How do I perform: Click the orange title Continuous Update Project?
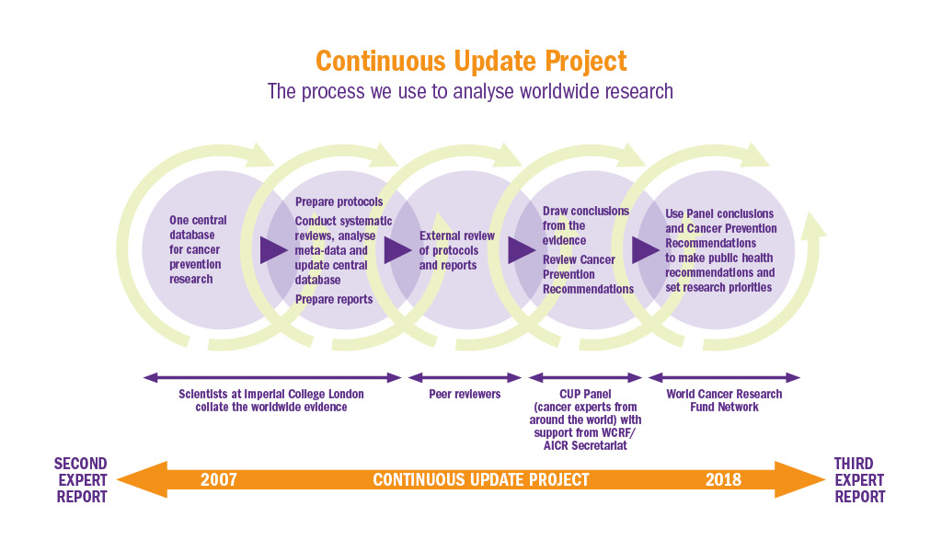pos(471,62)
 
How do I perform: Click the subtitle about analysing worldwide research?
pos(470,91)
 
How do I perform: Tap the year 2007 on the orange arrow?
pos(219,480)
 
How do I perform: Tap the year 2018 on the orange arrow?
pos(723,480)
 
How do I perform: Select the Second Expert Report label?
pos(81,480)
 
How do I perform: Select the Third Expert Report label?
pos(860,480)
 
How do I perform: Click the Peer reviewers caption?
pos(465,394)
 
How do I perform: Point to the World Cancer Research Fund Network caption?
pos(724,400)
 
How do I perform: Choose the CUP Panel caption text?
pos(585,420)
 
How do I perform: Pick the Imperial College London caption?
pos(271,400)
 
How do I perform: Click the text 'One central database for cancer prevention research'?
pos(198,249)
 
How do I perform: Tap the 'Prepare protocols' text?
pos(339,201)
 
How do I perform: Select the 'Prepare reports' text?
pos(333,299)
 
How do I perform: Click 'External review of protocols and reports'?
pos(456,250)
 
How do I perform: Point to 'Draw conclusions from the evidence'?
pos(586,225)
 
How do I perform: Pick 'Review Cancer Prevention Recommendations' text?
pos(588,274)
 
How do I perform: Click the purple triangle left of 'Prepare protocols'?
pos(273,250)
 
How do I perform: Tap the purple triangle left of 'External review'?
pos(397,250)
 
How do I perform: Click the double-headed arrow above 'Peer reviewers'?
pos(465,378)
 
